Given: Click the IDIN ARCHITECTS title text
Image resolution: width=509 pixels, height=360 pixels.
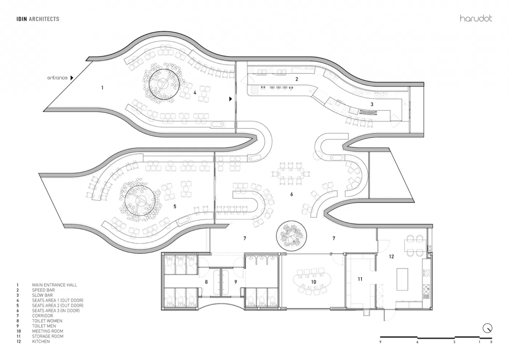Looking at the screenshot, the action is click(38, 19).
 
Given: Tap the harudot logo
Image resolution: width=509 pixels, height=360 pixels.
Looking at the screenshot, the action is click(476, 19).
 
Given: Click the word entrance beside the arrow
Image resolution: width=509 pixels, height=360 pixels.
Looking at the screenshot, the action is click(57, 78).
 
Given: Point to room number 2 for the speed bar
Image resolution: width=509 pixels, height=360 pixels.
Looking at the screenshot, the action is click(297, 79).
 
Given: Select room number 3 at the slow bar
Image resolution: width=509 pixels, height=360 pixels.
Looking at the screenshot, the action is click(372, 104).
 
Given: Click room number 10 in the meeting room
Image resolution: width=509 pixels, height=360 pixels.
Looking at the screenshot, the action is click(313, 282).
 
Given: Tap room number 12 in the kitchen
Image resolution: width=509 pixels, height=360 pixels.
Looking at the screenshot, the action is click(391, 256).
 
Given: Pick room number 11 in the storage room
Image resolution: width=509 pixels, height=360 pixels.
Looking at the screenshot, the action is click(360, 279).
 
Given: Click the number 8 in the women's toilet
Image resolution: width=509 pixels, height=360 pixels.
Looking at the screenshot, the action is click(206, 282).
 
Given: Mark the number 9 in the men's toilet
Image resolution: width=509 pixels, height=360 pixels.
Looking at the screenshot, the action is click(236, 282).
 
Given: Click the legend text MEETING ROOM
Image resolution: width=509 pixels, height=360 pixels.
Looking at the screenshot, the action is click(48, 331).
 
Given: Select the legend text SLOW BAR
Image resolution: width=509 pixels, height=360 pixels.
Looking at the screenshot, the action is click(43, 295).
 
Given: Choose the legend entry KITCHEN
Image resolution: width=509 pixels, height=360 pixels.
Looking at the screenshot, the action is click(41, 341).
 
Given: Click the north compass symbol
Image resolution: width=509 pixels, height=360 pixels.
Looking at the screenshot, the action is click(487, 328).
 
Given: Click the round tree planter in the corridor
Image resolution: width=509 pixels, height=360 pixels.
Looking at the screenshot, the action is click(291, 236).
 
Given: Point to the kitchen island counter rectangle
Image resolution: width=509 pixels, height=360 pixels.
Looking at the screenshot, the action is click(402, 279).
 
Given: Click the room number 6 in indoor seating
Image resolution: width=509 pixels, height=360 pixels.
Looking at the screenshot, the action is click(292, 194).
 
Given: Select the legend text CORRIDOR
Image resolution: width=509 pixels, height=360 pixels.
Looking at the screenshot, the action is click(43, 316).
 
